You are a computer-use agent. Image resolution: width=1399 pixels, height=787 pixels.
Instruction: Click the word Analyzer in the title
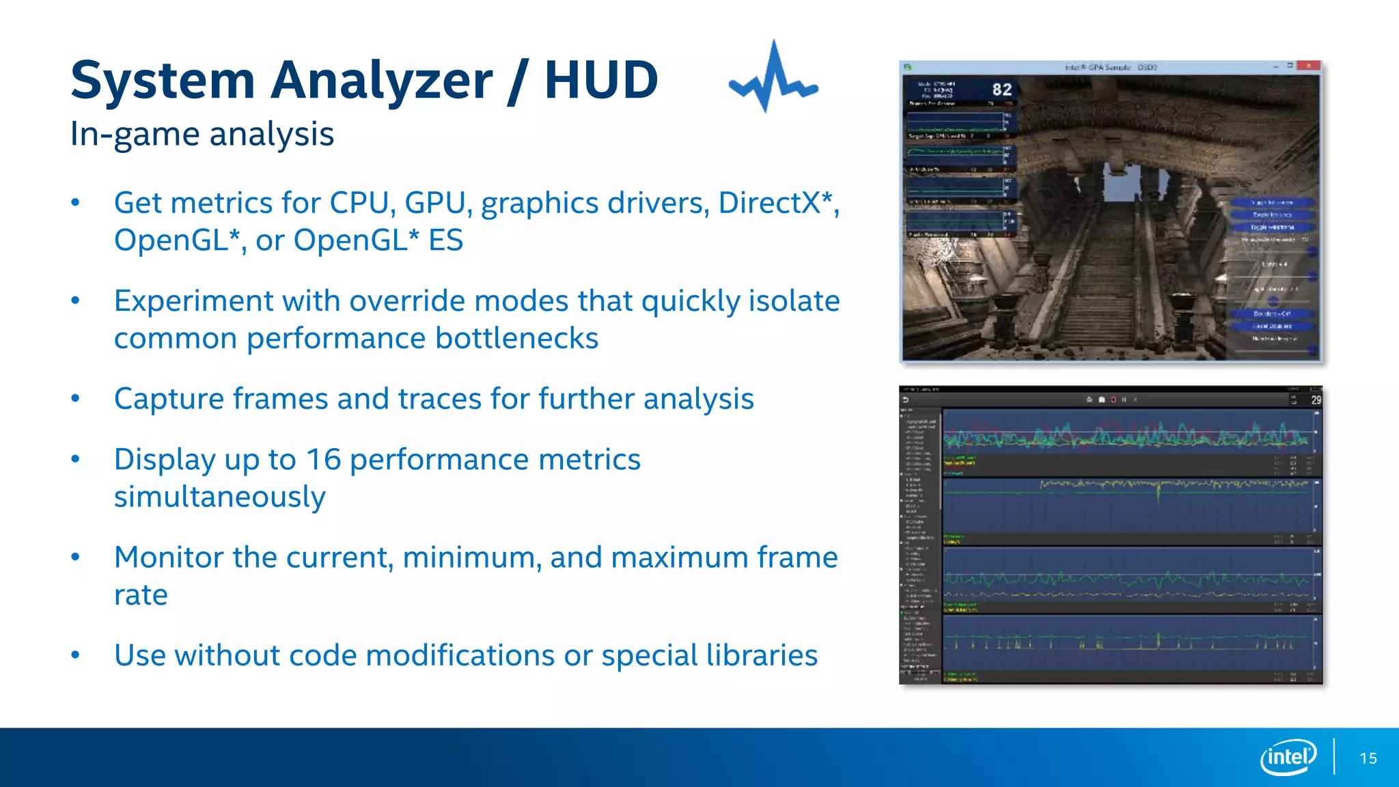tap(381, 81)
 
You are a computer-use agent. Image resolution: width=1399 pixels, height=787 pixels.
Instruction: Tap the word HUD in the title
tap(601, 81)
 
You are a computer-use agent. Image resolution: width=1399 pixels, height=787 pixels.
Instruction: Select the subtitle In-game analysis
tap(202, 134)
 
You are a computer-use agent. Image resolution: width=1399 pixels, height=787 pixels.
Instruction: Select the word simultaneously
tap(219, 497)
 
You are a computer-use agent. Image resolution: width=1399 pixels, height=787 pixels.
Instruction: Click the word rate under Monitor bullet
tap(141, 595)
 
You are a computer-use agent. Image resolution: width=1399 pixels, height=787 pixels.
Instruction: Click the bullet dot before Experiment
tap(76, 301)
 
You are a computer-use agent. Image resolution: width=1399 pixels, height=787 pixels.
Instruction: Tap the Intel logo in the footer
tap(1288, 757)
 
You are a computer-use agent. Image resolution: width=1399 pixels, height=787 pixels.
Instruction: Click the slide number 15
tap(1368, 758)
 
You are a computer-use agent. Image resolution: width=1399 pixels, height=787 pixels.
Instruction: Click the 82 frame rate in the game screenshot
tap(1001, 89)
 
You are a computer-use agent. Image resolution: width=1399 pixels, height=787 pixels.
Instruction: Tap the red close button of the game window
tap(1308, 66)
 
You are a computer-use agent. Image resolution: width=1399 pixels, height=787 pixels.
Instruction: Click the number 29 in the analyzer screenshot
tap(1316, 400)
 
